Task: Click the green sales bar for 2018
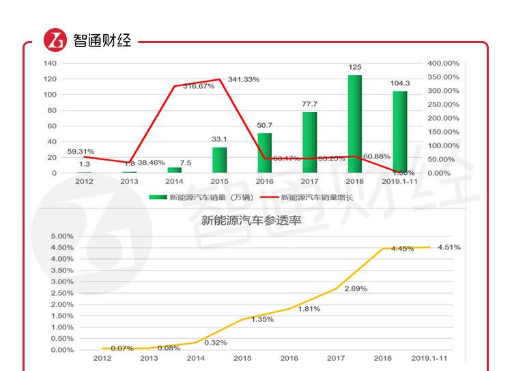coord(354,124)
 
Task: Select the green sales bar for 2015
coord(219,160)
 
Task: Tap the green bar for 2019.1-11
coord(399,132)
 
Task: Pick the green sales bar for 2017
coord(309,142)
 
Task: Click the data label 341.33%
coord(244,79)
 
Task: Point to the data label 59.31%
coord(81,151)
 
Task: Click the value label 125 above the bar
coord(355,67)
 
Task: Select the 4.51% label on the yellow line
coord(449,247)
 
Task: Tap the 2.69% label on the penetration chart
coord(355,288)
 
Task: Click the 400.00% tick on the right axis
coord(443,63)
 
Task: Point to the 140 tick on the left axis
coord(50,63)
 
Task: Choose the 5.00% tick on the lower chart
coord(62,236)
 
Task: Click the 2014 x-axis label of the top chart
coord(174,182)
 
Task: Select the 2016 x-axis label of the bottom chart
coord(289,358)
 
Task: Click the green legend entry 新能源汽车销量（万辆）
coord(201,197)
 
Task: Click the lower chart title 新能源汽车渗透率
coord(251,221)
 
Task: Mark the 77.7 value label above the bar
coord(309,104)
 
